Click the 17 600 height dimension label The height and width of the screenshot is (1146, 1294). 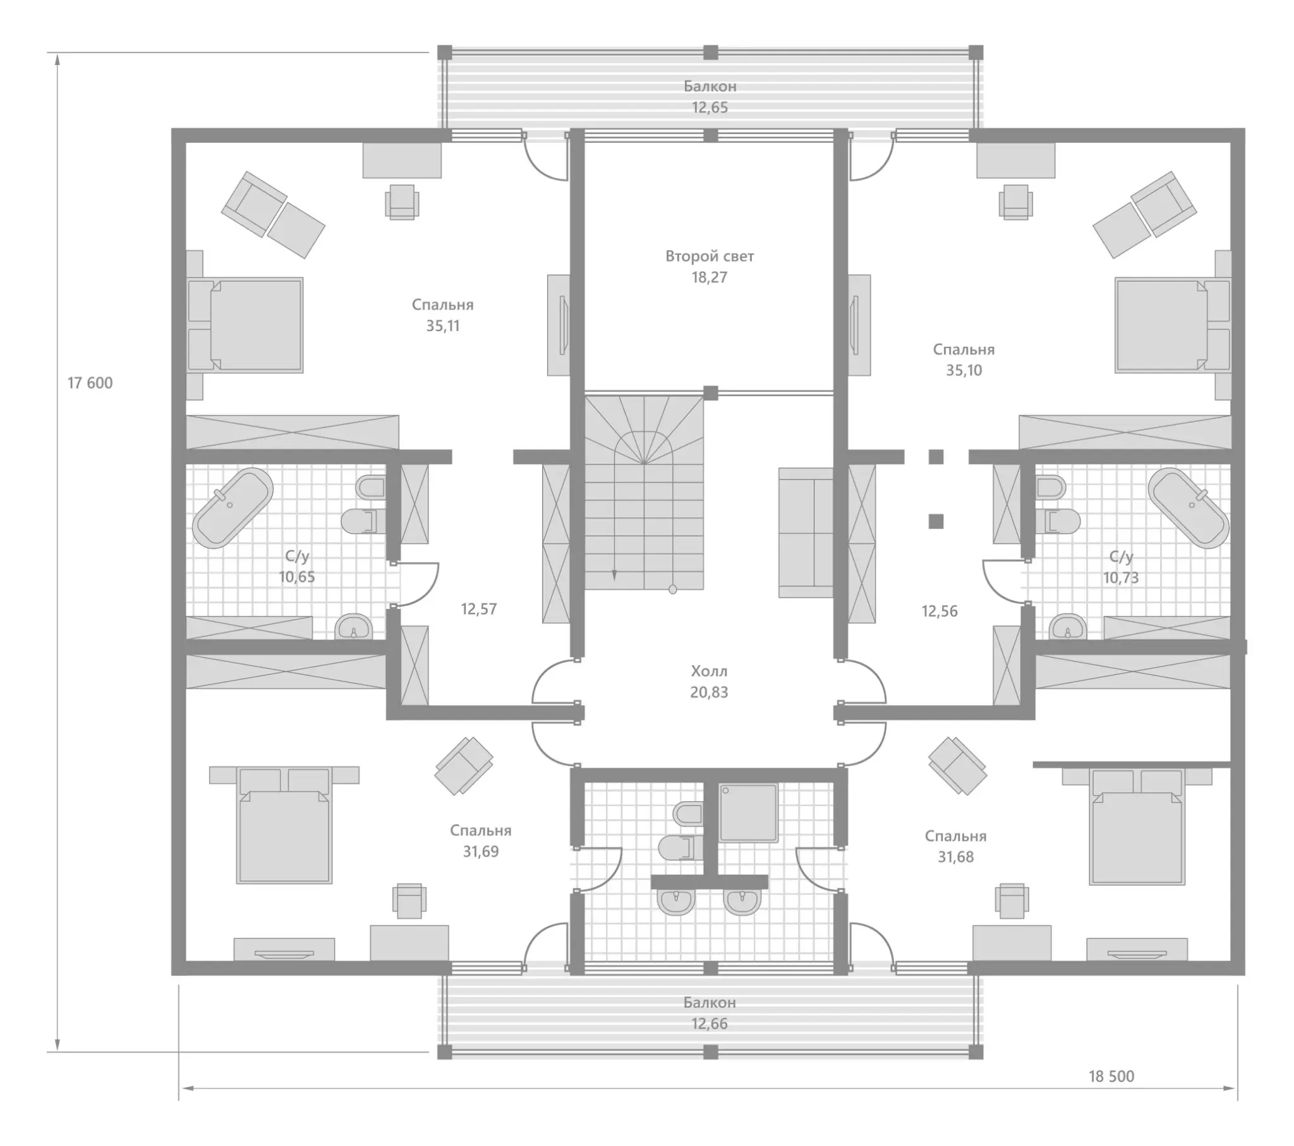click(90, 383)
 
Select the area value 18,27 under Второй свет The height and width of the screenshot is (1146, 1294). click(709, 277)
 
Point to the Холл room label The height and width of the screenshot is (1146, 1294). click(709, 671)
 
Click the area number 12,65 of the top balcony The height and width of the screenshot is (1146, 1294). click(710, 107)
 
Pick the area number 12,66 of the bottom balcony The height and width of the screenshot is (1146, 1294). click(710, 1024)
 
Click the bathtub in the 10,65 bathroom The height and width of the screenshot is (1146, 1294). click(233, 508)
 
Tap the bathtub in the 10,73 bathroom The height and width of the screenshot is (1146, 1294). click(1188, 508)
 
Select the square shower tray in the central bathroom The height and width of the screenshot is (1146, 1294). click(748, 813)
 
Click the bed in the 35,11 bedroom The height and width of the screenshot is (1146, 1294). click(246, 325)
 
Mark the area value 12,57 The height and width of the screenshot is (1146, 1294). click(478, 609)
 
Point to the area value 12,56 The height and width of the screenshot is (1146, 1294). click(940, 611)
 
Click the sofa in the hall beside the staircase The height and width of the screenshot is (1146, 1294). click(806, 533)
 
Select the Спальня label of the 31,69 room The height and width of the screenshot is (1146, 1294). click(480, 830)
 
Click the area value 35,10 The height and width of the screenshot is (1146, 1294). click(964, 370)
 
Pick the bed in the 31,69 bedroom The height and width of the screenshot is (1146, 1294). click(284, 825)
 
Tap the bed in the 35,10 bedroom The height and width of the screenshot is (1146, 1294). click(1173, 325)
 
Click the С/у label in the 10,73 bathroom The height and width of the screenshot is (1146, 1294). click(1120, 557)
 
